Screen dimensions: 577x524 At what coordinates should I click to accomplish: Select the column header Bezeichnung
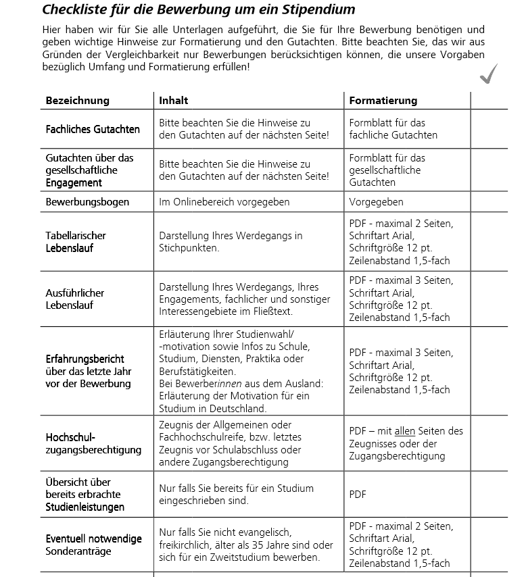[77, 101]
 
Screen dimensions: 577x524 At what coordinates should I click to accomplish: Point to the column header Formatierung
[383, 101]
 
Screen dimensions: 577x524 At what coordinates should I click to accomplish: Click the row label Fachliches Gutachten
[93, 129]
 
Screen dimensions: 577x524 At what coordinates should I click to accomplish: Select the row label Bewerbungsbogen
[87, 202]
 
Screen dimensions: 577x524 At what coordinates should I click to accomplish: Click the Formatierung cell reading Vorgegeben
[376, 202]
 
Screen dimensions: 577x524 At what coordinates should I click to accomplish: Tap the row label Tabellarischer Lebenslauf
[76, 242]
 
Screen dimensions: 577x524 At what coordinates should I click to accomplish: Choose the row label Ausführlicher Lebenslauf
[75, 299]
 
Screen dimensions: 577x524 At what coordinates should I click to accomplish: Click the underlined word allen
[404, 431]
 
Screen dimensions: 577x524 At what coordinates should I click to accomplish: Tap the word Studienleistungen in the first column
[85, 507]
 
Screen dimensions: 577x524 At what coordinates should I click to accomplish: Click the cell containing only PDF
[358, 495]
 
